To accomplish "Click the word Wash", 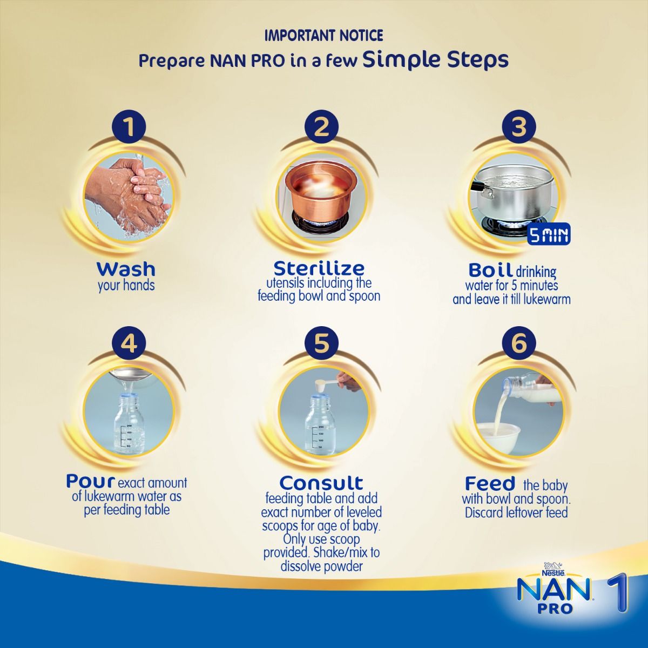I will (x=126, y=268).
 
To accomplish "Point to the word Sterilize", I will (x=319, y=268).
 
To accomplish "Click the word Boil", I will (x=490, y=270).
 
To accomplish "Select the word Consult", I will (x=322, y=482).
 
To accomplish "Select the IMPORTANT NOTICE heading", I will (x=323, y=36).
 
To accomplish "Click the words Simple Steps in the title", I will (x=435, y=60).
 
